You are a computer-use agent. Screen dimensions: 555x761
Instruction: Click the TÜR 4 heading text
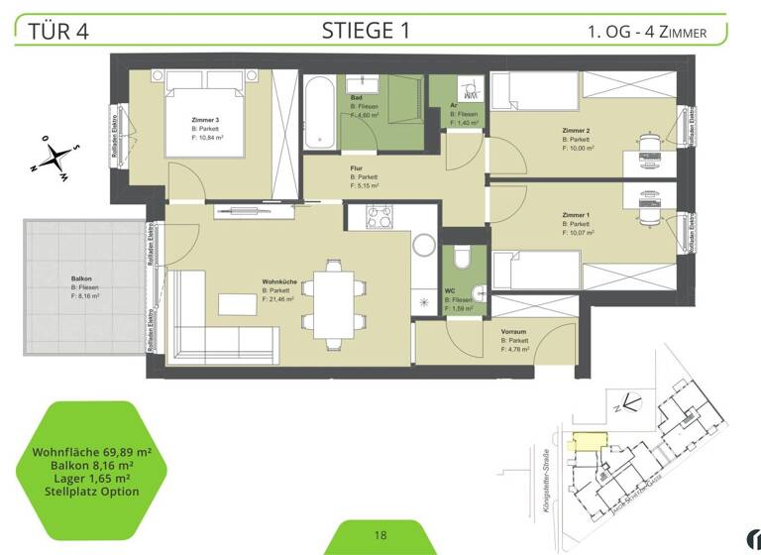point(60,30)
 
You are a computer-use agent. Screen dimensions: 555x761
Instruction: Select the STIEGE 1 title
point(366,29)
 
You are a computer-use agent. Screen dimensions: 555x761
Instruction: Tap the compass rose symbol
point(55,158)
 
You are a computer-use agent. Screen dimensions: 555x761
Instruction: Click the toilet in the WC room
point(459,260)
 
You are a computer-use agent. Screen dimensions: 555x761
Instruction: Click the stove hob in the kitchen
point(380,216)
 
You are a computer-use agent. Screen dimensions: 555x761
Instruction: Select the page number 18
point(380,536)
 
